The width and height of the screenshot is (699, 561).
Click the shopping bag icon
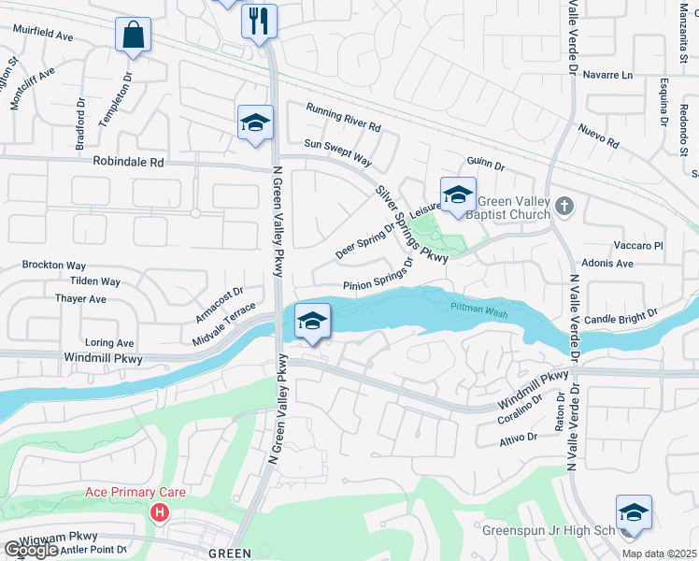coord(133,36)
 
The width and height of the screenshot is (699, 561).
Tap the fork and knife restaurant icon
coord(259,20)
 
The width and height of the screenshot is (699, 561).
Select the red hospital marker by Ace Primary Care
coord(160,512)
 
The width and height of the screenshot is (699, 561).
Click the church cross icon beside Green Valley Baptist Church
coord(563,205)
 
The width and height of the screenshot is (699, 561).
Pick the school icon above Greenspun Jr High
coord(633,513)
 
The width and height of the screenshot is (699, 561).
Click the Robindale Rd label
coord(128,162)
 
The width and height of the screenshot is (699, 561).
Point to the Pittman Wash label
coord(478,309)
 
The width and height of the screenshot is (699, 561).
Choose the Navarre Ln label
coord(607,75)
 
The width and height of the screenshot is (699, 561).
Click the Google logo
coord(31,550)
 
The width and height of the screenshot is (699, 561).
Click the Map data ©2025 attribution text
coord(660,554)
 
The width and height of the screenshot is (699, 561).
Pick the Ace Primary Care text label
coord(136,493)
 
